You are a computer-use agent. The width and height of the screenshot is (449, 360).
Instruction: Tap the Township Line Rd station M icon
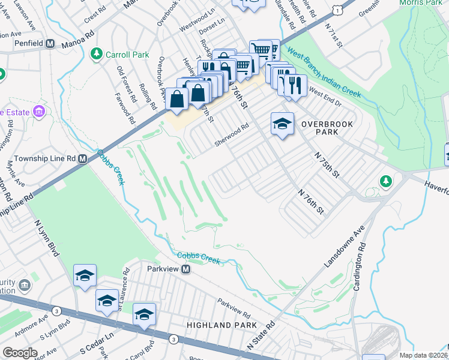(x=83, y=159)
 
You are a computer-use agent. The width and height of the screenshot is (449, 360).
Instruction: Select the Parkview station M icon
(x=186, y=269)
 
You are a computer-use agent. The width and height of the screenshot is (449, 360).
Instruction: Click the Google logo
(x=20, y=352)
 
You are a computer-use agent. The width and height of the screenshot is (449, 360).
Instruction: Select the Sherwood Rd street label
(x=232, y=136)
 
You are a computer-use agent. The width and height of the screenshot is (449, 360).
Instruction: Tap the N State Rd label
(x=261, y=337)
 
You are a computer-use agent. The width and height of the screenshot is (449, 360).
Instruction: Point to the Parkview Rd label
(x=234, y=308)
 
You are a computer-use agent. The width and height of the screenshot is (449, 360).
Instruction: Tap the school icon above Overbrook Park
(x=282, y=124)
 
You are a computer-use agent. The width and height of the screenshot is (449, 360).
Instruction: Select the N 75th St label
(x=328, y=164)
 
